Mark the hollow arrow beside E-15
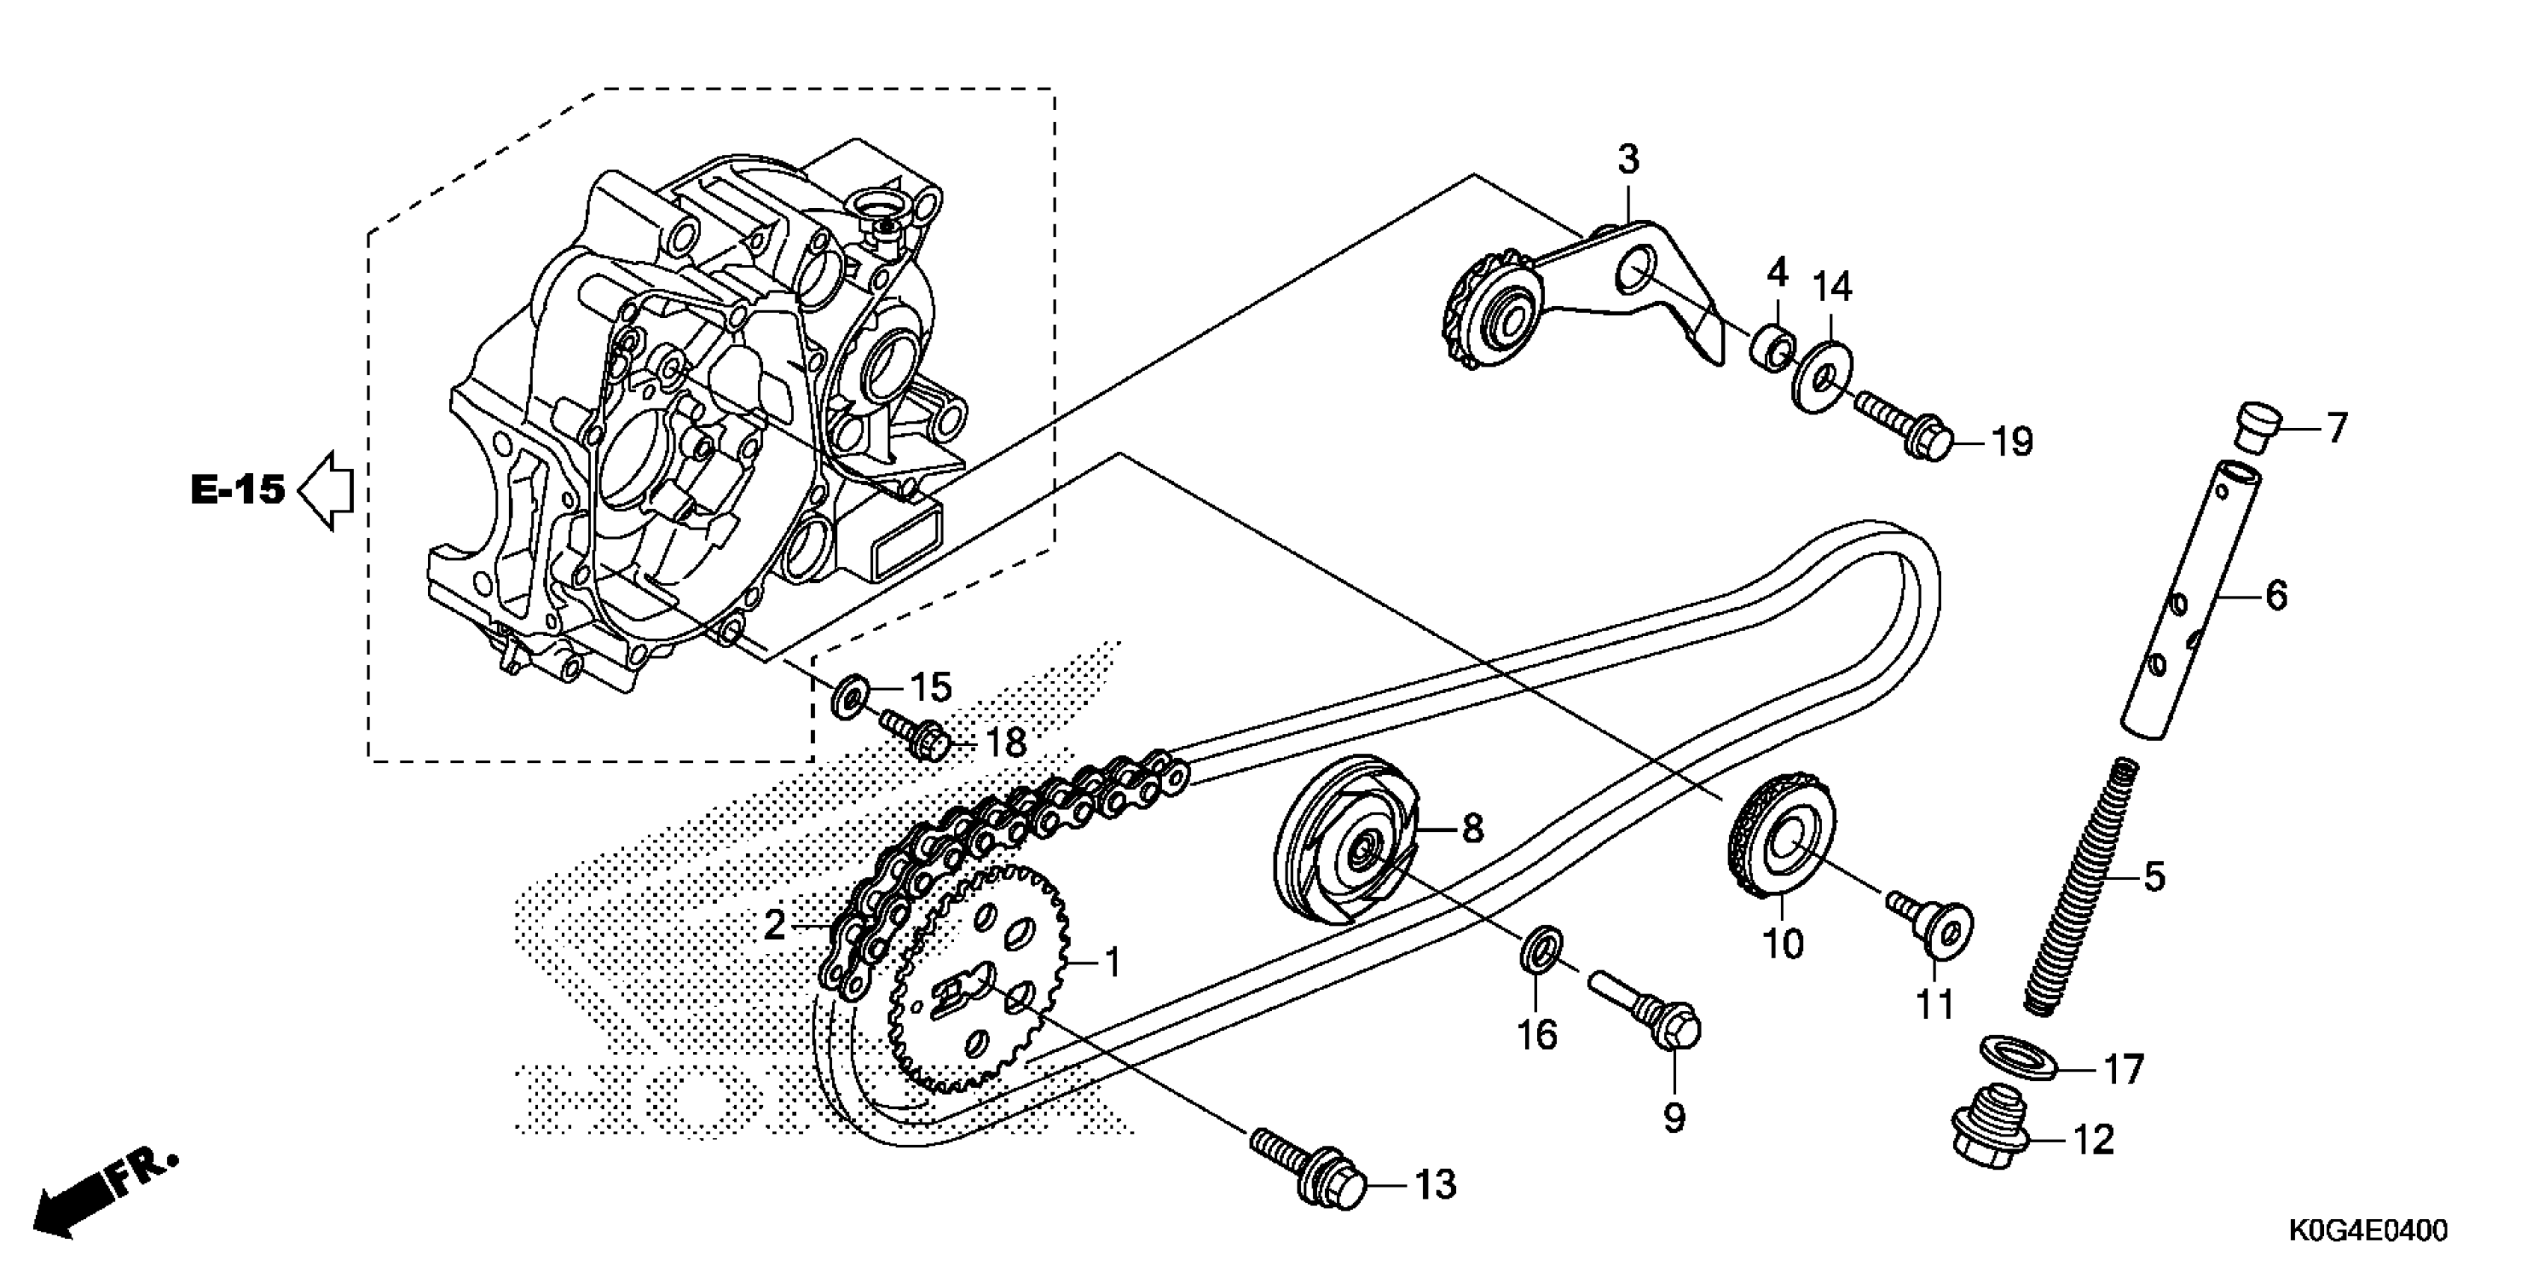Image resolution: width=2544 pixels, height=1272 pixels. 326,491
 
